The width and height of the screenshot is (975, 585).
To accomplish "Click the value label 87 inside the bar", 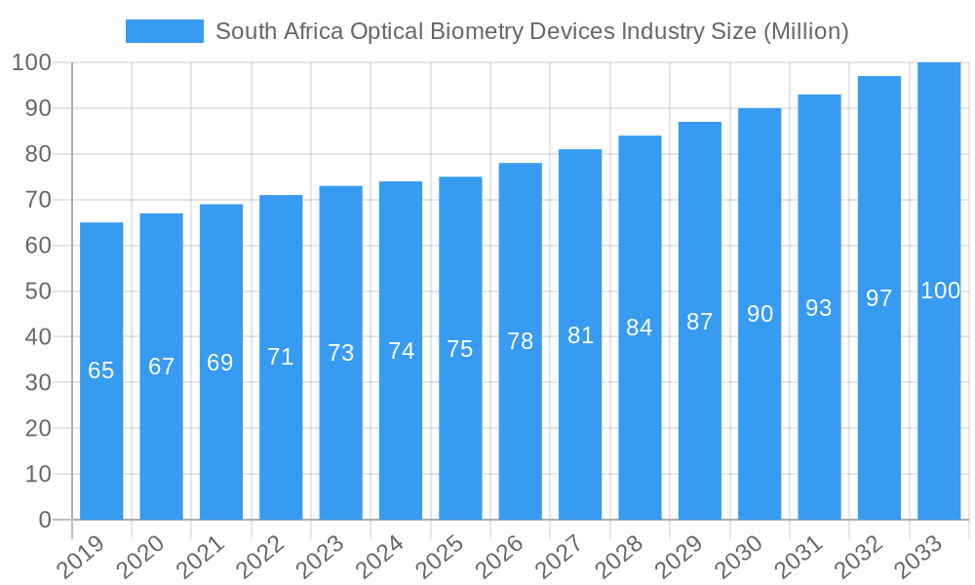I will pyautogui.click(x=700, y=322).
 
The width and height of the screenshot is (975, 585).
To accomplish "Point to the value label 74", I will pyautogui.click(x=401, y=351).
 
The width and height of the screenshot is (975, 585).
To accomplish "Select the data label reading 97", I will pyautogui.click(x=879, y=298).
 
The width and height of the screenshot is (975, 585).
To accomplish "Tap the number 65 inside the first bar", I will pyautogui.click(x=101, y=370).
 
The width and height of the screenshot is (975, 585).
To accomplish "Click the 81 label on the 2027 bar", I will pyautogui.click(x=581, y=335).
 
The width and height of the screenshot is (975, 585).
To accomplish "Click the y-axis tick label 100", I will pyautogui.click(x=32, y=63).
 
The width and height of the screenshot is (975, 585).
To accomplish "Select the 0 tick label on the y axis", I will pyautogui.click(x=45, y=520).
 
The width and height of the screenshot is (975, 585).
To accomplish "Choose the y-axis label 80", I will pyautogui.click(x=39, y=154).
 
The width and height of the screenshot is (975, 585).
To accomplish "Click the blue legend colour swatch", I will pyautogui.click(x=165, y=31).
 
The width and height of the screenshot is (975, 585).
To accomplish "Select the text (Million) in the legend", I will pyautogui.click(x=805, y=31).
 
